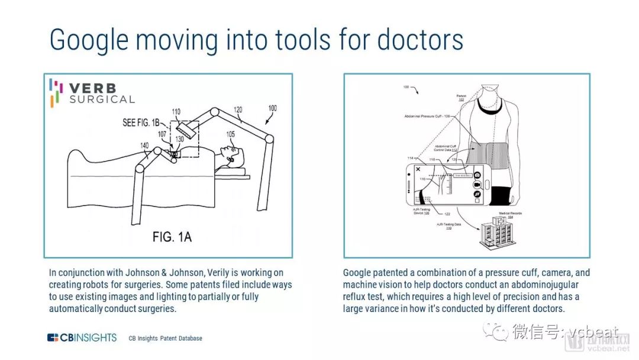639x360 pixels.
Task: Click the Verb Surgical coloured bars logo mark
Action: [55, 92]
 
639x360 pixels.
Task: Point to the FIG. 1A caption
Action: [172, 237]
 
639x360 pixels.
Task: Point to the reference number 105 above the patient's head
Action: [230, 134]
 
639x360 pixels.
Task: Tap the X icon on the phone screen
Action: [418, 169]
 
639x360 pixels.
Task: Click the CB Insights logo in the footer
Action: [82, 338]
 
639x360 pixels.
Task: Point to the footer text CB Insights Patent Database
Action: [166, 339]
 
